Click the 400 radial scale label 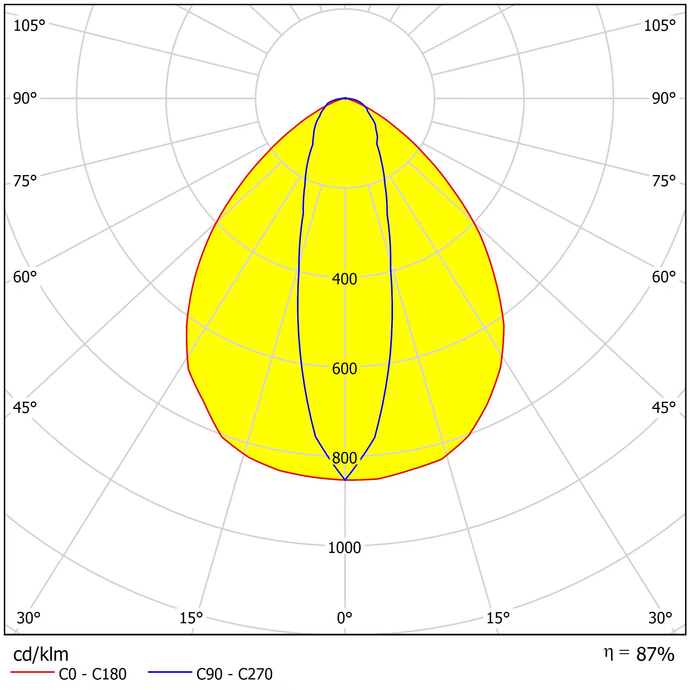[344, 279]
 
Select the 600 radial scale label [344, 369]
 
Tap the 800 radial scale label [344, 458]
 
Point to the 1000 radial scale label [344, 548]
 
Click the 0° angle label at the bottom [344, 618]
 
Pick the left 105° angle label [29, 26]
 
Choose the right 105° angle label [660, 26]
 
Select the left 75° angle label [25, 181]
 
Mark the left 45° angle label [25, 407]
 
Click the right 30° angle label [660, 618]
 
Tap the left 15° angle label [191, 618]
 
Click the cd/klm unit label [41, 654]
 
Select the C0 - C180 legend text [92, 674]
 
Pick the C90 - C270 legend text [234, 674]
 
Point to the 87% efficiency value [655, 654]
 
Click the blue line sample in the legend [170, 672]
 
